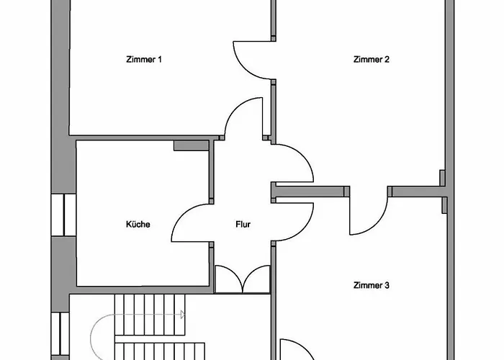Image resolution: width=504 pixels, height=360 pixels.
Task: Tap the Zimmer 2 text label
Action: pyautogui.click(x=372, y=59)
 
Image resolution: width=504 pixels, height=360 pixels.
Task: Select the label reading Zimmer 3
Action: pyautogui.click(x=372, y=285)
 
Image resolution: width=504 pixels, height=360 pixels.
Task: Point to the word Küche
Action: pyautogui.click(x=138, y=224)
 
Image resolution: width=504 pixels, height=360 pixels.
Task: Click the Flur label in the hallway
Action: pyautogui.click(x=243, y=224)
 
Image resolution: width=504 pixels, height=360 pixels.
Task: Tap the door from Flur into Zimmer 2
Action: pyautogui.click(x=295, y=162)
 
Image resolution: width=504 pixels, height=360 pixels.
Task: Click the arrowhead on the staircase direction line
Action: pyautogui.click(x=183, y=315)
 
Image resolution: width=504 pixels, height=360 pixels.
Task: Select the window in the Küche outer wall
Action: pyautogui.click(x=64, y=215)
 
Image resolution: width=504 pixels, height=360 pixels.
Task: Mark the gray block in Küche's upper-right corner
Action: pyautogui.click(x=191, y=145)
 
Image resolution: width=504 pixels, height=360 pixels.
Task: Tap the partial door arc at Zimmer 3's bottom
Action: pyautogui.click(x=295, y=349)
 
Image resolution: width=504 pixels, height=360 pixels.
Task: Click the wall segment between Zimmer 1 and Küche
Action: pyautogui.click(x=144, y=137)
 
